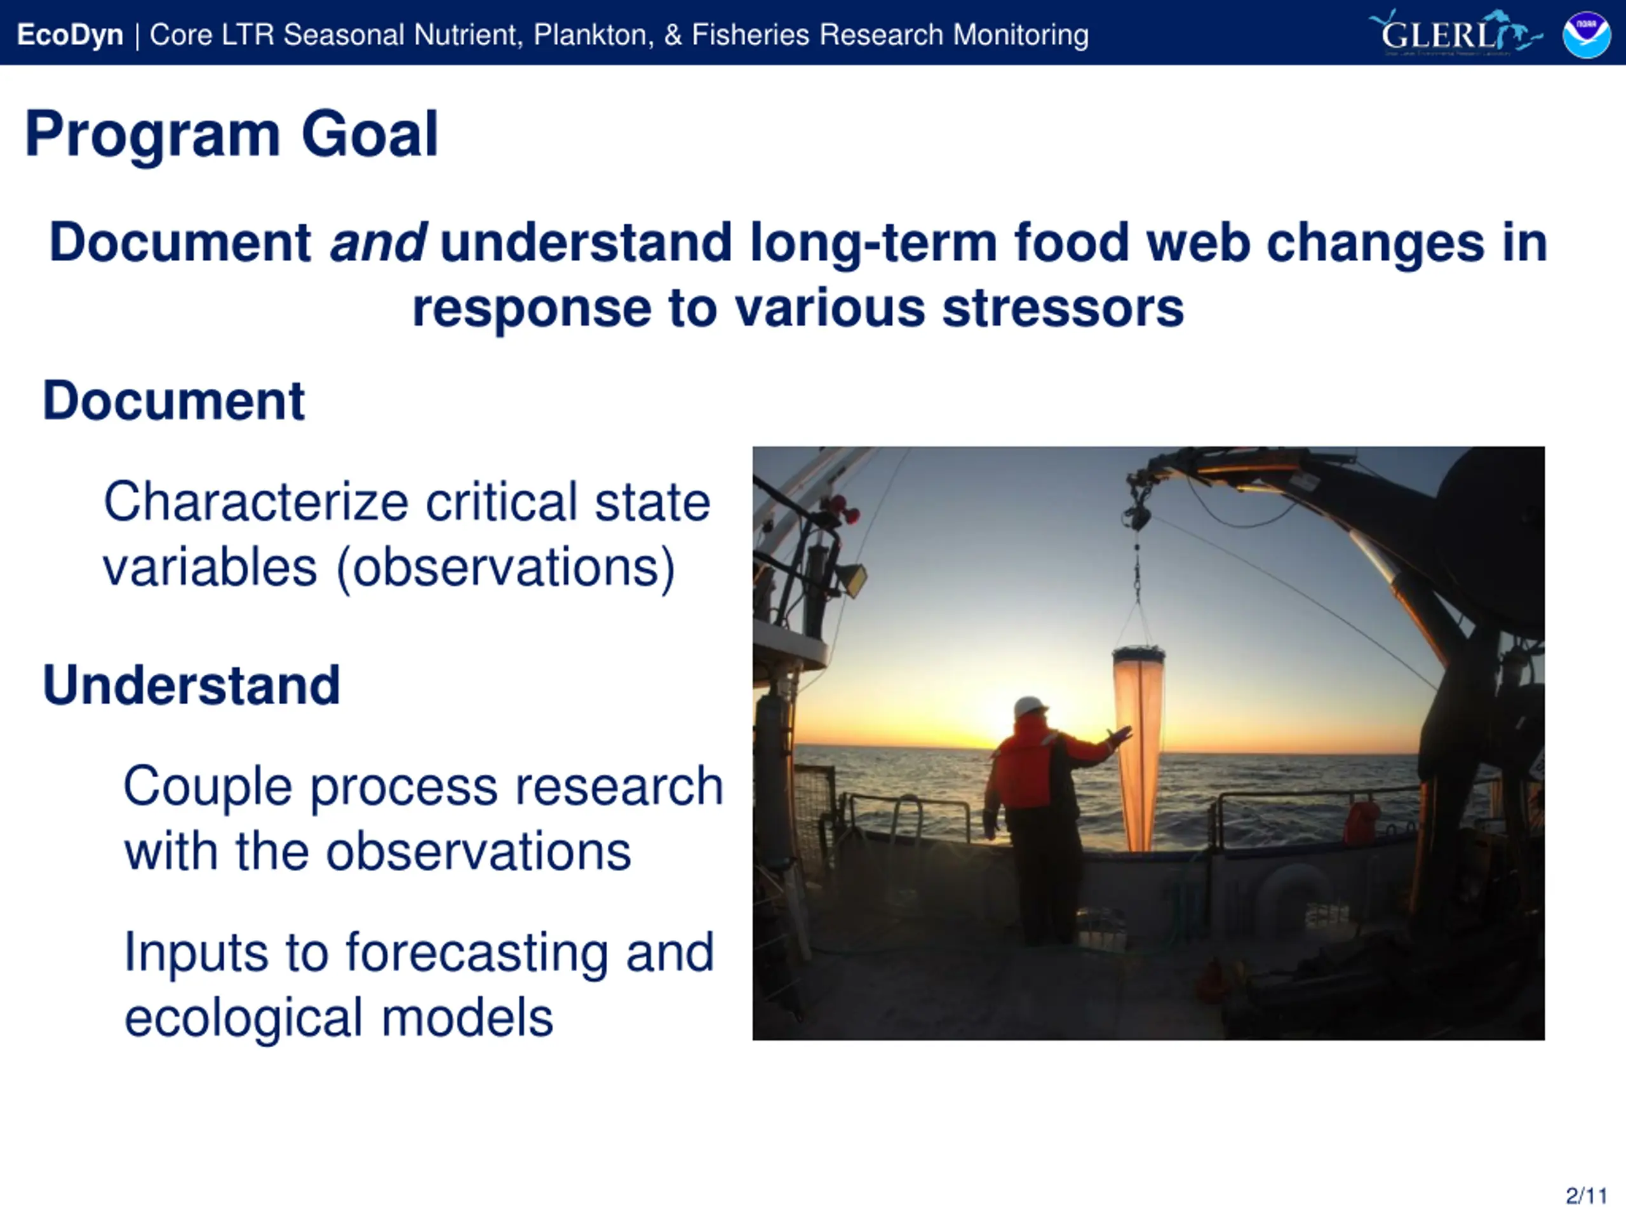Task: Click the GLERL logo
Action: pos(1456,33)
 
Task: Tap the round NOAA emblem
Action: pos(1587,34)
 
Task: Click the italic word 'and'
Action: pos(378,242)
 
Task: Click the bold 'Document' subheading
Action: pos(173,401)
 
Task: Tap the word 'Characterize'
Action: pos(256,502)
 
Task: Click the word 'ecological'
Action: pos(244,1019)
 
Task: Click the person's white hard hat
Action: pos(1031,706)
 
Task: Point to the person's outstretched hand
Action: pos(1120,735)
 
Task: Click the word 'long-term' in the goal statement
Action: pos(873,243)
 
